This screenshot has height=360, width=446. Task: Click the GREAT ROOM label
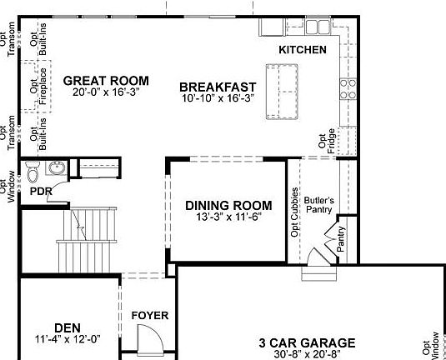[x=106, y=81]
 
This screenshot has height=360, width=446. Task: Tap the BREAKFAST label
[x=216, y=86]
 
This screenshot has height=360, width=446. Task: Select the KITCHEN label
[x=302, y=50]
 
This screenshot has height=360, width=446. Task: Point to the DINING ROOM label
[x=228, y=205]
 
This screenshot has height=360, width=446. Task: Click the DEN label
[x=68, y=327]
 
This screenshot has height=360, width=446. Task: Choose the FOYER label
[x=150, y=316]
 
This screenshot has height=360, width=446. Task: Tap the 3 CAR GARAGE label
[x=307, y=342]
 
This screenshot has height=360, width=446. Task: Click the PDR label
[x=41, y=192]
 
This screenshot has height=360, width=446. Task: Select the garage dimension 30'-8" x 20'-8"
[x=307, y=354]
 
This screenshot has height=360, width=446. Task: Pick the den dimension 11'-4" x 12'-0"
[x=68, y=339]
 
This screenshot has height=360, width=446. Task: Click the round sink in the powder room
[x=57, y=169]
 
